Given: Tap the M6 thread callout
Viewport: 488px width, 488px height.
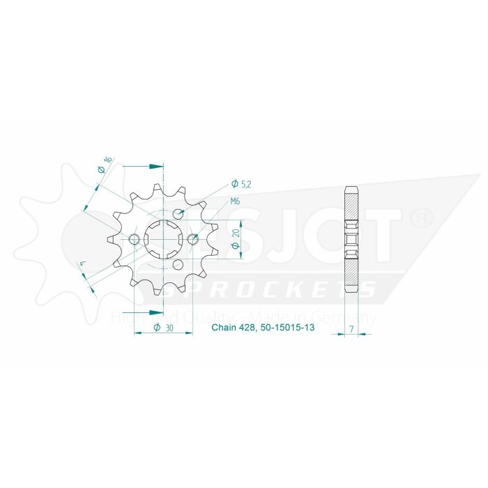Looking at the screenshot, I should (236, 202).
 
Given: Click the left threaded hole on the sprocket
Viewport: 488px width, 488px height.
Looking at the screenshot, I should (135, 240).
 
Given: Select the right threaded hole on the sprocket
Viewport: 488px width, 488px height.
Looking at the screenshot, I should (193, 240).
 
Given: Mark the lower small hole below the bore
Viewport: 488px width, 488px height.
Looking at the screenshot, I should (178, 265).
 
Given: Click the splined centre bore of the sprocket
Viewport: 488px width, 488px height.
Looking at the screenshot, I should (163, 240).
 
